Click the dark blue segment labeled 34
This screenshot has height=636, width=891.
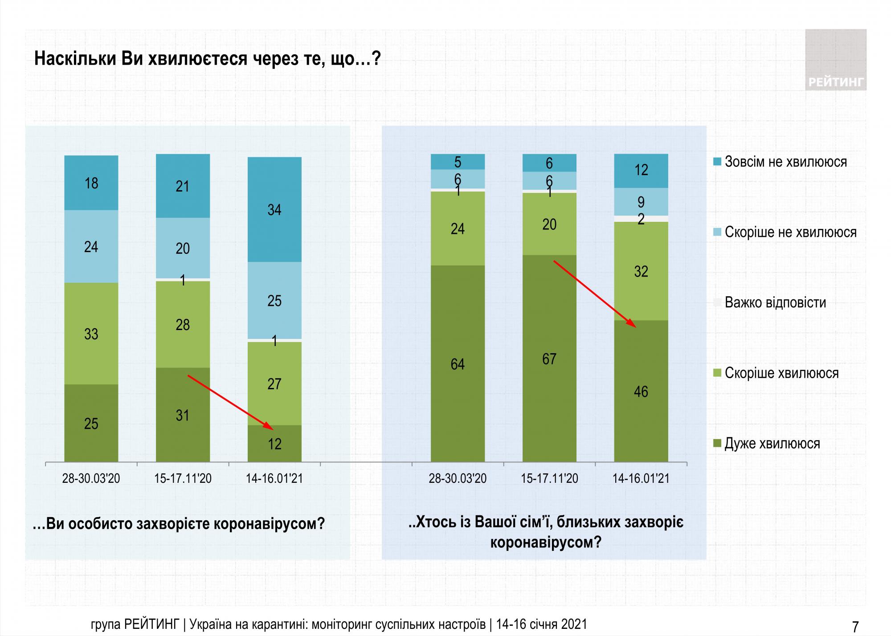coord(274,209)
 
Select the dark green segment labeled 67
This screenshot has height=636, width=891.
coord(549,358)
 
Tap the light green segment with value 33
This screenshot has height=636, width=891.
coord(91,333)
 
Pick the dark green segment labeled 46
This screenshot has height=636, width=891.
coord(641,391)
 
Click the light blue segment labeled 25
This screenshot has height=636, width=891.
coord(274,301)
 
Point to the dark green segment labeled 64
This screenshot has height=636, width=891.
coord(458,363)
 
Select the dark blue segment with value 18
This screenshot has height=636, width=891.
coord(91,183)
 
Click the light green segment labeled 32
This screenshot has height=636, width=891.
coord(641,271)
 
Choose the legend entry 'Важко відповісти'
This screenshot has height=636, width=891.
coord(775,303)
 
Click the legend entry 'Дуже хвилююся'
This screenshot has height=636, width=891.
coord(772,444)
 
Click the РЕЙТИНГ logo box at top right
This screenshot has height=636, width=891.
coord(836,60)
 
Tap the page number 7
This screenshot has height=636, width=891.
coord(855,627)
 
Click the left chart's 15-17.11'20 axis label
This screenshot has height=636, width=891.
coord(183,479)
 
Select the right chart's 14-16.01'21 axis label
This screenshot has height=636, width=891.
coord(641,479)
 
